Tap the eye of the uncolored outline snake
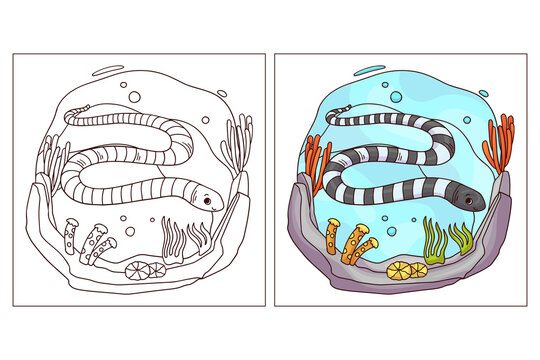click(208, 202)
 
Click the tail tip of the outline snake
click(71, 107)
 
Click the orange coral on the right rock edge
click(500, 140)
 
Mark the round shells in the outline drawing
click(136, 269)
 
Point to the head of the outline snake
click(204, 199)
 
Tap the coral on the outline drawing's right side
click(237, 140)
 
